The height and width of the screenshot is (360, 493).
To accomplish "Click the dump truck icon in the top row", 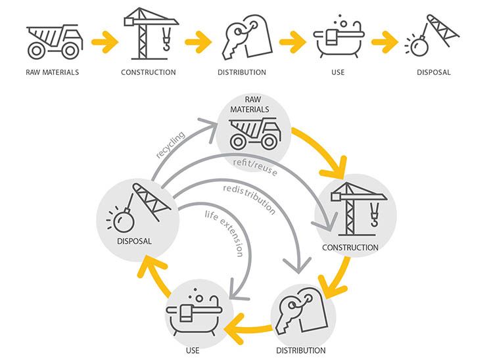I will pos(52,41).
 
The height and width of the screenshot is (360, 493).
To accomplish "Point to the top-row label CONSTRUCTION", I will pos(149,72).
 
